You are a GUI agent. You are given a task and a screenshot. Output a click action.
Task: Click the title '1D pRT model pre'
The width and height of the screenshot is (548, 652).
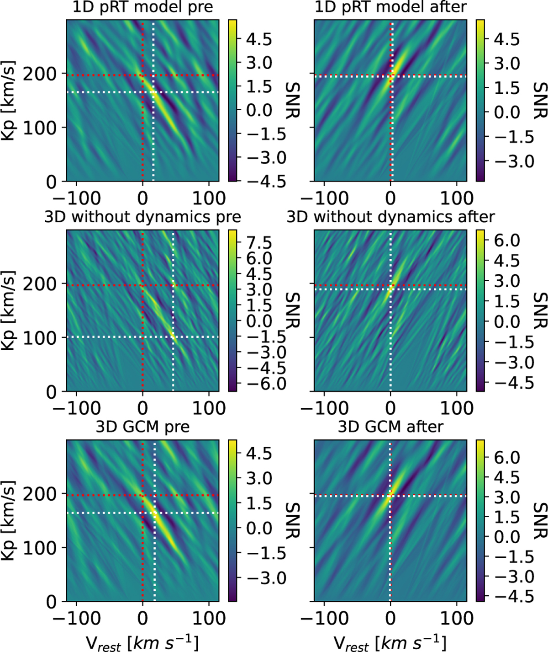143,8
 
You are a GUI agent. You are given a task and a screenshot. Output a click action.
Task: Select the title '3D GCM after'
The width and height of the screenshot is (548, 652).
390,427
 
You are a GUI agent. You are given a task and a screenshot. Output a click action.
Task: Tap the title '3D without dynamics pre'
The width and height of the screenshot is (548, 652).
143,216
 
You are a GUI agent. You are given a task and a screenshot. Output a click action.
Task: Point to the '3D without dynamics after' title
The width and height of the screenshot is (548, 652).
390,216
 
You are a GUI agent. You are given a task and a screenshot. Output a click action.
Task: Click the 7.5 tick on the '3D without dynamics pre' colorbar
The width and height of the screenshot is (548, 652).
258,242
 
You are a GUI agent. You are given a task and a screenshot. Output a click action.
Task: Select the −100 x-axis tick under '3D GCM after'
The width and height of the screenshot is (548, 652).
324,618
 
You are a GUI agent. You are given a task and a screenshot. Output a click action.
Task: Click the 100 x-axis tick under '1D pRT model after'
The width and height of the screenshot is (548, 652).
457,198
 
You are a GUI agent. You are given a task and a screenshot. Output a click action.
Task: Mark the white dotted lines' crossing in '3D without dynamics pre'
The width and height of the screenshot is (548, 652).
173,337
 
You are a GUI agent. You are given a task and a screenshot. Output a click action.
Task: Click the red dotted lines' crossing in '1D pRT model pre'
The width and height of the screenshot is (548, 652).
143,75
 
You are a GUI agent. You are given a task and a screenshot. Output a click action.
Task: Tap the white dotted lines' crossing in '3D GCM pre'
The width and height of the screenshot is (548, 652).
155,513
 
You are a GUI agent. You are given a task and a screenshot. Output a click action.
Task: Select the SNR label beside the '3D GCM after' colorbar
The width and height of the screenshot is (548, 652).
540,520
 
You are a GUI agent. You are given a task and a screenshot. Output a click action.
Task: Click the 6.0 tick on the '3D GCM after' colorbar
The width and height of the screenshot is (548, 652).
506,457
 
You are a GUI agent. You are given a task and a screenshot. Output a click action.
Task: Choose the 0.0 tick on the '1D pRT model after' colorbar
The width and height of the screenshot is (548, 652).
506,112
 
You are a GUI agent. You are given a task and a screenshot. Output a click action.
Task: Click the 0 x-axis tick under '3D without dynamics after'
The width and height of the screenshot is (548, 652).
390,408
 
